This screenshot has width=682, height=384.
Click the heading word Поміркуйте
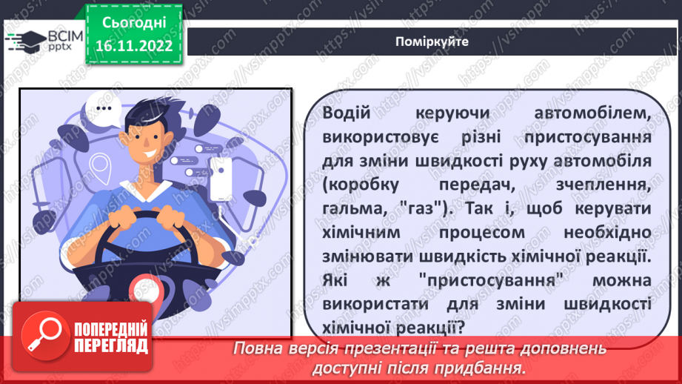432,42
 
